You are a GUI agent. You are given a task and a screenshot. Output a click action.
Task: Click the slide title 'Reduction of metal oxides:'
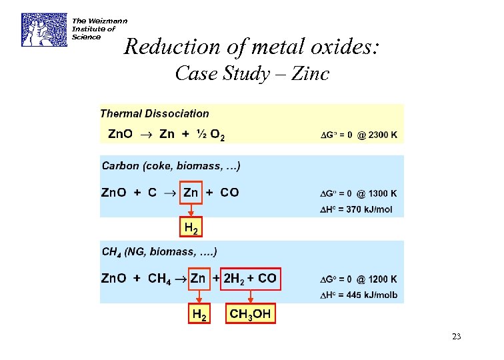point(252,47)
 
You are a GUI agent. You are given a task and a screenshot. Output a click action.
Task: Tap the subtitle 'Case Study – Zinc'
point(252,73)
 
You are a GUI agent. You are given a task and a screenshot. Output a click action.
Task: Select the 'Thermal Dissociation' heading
point(154,114)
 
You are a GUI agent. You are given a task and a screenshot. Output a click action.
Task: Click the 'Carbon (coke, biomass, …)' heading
point(171,165)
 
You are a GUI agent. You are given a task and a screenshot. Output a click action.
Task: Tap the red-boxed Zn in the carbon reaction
point(191,193)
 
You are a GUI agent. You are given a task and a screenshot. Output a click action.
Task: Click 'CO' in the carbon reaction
point(229,193)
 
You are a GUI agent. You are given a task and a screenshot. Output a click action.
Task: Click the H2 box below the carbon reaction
point(191,227)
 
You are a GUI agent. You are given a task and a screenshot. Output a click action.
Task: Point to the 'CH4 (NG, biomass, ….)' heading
point(159,252)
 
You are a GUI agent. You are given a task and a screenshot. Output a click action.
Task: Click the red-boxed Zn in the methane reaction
point(198,278)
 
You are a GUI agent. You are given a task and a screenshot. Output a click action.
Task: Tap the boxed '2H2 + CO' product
point(250,278)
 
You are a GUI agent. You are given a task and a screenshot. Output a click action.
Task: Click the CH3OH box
point(251,314)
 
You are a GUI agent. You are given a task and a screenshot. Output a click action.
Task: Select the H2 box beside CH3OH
point(199,314)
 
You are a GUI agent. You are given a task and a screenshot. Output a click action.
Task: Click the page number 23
point(456,337)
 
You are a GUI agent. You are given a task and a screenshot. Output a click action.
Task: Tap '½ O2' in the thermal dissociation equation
point(210,135)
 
